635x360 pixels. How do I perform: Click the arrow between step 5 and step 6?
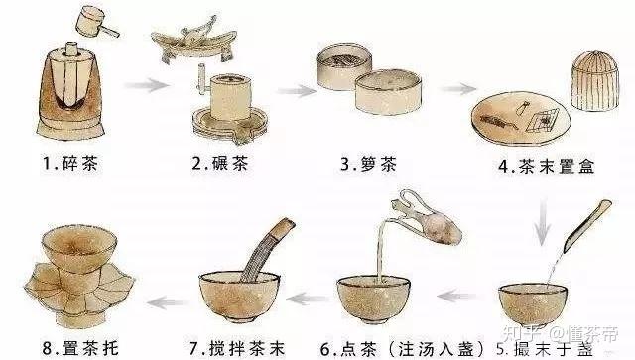tap(457, 294)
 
